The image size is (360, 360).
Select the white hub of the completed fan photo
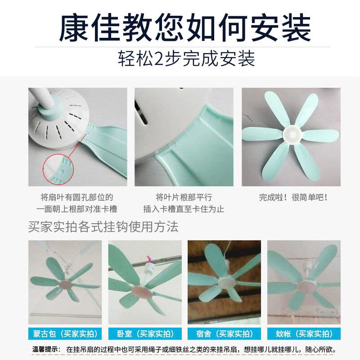[290, 131]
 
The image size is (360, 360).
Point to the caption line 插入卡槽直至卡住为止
[184, 209]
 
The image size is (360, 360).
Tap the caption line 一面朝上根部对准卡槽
[77, 209]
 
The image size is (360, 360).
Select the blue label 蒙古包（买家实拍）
[65, 333]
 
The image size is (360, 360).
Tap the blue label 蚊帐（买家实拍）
[304, 333]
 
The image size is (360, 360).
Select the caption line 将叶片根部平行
[184, 197]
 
